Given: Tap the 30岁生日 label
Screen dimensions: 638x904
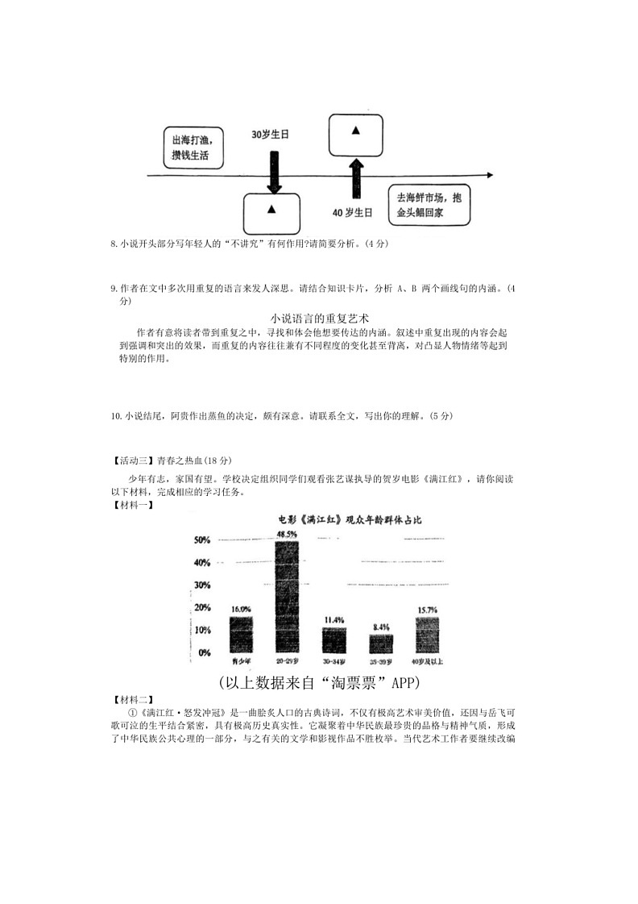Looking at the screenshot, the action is point(270,134).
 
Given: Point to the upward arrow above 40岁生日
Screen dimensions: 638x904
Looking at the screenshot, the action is point(354,177).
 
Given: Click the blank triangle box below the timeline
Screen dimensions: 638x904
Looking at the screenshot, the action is point(271,212).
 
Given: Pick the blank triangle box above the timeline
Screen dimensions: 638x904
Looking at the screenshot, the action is point(355,133).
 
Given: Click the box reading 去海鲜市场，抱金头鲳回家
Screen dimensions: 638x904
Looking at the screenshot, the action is point(429,206).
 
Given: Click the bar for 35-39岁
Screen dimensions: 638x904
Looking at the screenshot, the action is point(381,643).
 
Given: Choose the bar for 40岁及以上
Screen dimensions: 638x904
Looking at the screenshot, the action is point(427,635).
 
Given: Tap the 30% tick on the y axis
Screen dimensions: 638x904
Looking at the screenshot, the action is point(201,585).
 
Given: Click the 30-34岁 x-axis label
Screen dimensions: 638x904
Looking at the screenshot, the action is point(333,661).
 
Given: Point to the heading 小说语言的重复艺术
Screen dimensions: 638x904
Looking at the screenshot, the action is point(320,317).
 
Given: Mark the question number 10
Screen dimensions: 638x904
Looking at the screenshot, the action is point(116,416).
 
